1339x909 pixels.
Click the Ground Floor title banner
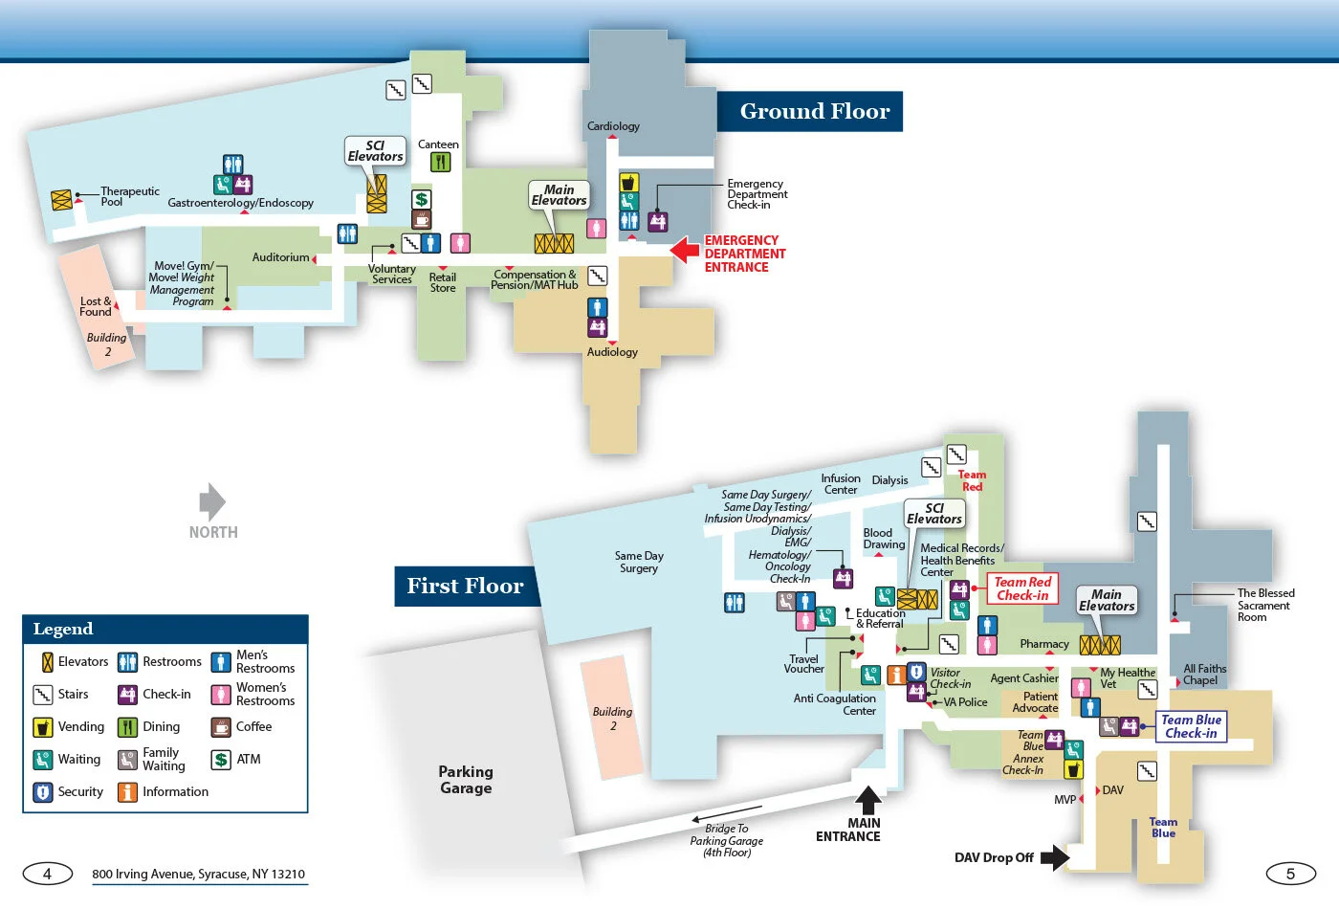(x=814, y=112)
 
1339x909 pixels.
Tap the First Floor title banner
(x=465, y=586)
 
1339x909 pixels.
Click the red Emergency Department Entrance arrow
(x=684, y=250)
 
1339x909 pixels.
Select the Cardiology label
(x=613, y=126)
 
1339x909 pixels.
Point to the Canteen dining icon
(x=440, y=163)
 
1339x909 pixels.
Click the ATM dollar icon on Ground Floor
(x=421, y=199)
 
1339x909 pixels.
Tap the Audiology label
(x=612, y=352)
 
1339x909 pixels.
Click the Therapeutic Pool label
(x=130, y=196)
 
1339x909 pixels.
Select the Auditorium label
(x=280, y=257)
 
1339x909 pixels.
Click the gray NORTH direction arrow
(x=212, y=501)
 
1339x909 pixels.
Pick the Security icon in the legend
(x=43, y=792)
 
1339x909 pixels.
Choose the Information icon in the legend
(x=127, y=792)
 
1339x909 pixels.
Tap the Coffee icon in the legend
(x=221, y=727)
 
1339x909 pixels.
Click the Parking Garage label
(x=466, y=780)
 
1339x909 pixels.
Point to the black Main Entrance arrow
(x=868, y=800)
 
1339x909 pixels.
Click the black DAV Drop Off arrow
(x=1054, y=857)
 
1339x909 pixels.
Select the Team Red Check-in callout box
(x=1022, y=588)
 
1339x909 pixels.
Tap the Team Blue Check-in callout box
(x=1191, y=726)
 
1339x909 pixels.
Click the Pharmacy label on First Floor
(x=1043, y=644)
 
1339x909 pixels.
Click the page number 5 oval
(x=1290, y=874)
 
